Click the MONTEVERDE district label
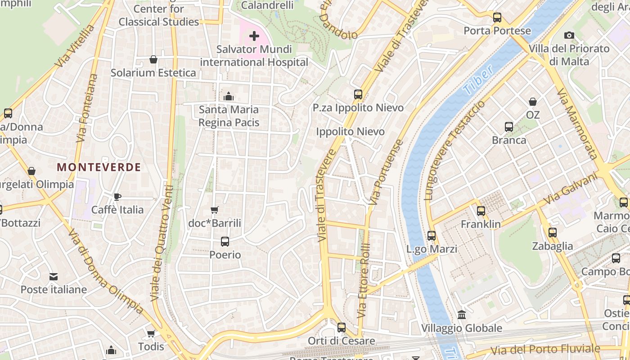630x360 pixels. [99, 167]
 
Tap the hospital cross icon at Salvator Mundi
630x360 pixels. [254, 36]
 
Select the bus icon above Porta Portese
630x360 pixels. [497, 18]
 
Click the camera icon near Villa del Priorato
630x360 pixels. [569, 35]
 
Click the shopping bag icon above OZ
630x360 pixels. [533, 102]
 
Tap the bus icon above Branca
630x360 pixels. [509, 127]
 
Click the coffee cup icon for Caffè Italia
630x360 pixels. [117, 197]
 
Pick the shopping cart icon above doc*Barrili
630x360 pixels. [215, 210]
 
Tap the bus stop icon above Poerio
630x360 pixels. [225, 242]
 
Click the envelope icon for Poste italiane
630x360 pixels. [54, 276]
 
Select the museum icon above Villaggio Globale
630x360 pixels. [462, 315]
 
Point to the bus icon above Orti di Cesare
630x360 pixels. [342, 328]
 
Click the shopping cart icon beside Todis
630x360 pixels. [151, 333]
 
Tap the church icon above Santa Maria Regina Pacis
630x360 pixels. [229, 96]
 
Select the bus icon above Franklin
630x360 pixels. [481, 211]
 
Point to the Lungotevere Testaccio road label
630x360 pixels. [454, 151]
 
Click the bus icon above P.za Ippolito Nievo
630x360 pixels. [358, 94]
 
